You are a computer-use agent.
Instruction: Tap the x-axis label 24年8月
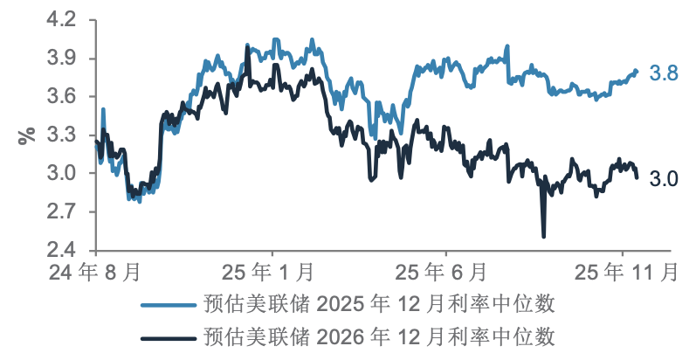pos(98,271)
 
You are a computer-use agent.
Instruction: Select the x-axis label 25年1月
pos(272,271)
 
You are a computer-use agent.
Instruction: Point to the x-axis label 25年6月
pos(446,271)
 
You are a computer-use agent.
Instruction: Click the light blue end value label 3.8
pos(665,74)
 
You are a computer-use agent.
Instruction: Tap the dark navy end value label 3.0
pos(665,179)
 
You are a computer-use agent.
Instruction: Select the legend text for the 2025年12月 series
pos(378,304)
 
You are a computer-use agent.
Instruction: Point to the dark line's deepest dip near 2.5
pos(543,236)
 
